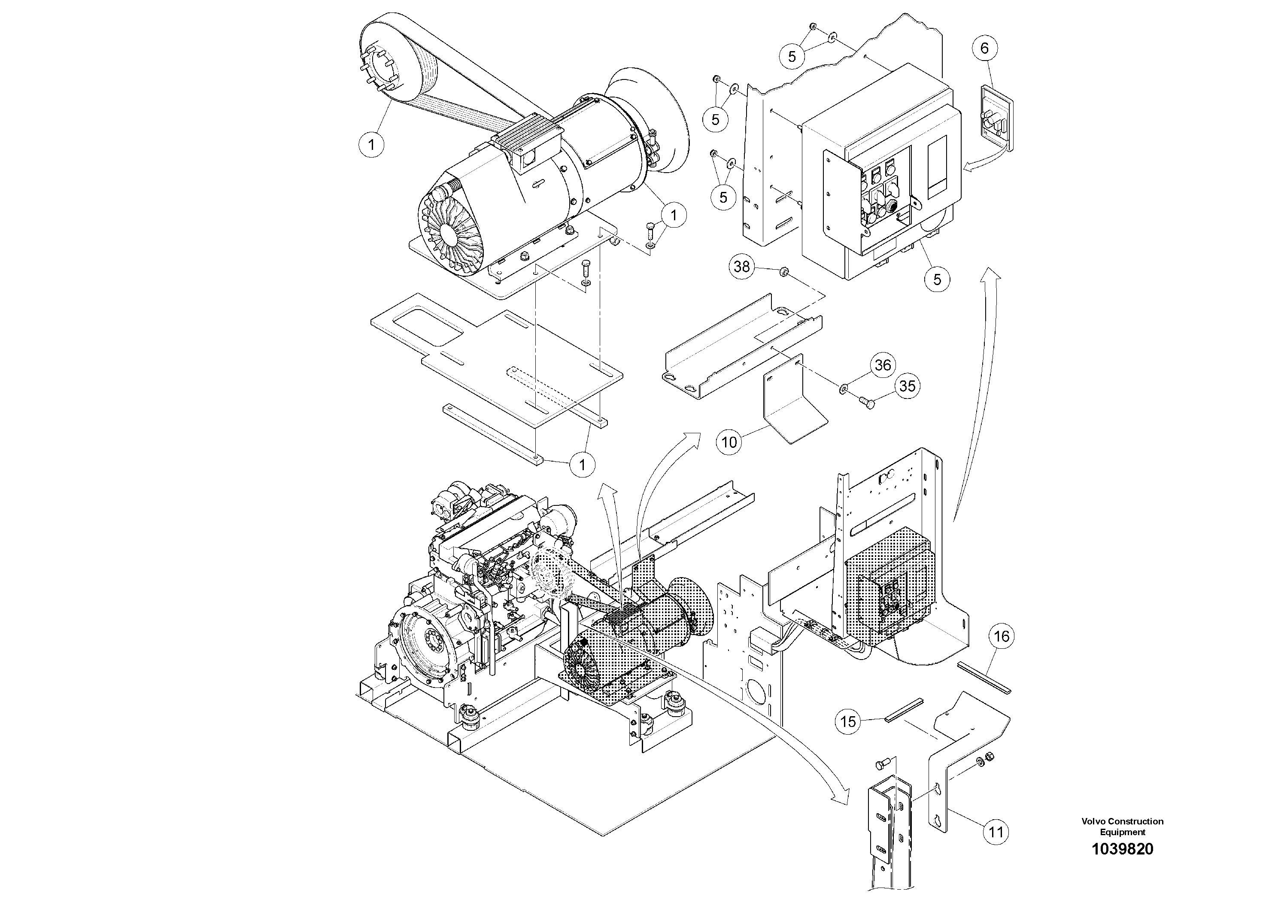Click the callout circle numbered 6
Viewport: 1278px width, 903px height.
pyautogui.click(x=984, y=49)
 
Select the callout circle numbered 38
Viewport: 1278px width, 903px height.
pyautogui.click(x=741, y=267)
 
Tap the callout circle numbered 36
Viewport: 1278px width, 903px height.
pyautogui.click(x=883, y=365)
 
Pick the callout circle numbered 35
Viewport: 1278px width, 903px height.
pyautogui.click(x=907, y=386)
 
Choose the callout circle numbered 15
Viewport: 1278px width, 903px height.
pyautogui.click(x=848, y=722)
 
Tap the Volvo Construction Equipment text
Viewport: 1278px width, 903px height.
pyautogui.click(x=1122, y=826)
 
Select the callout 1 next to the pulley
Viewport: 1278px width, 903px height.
pyautogui.click(x=371, y=145)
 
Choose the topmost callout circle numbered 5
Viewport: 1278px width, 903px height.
pyautogui.click(x=792, y=56)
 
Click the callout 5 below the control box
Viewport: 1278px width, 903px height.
pyautogui.click(x=937, y=279)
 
